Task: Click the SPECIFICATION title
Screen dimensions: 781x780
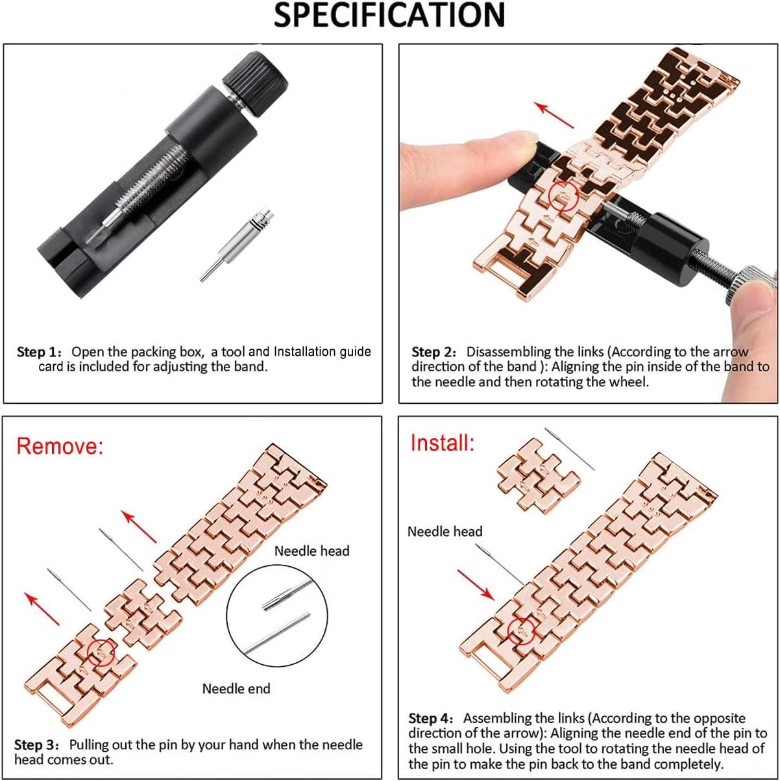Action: [x=389, y=16]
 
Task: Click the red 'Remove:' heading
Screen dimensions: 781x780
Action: [x=60, y=446]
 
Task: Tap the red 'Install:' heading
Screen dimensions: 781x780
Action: [x=442, y=443]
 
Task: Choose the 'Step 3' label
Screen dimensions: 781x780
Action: [x=37, y=745]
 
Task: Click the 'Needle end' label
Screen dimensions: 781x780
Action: [x=236, y=689]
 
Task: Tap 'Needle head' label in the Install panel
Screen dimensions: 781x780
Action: [x=445, y=532]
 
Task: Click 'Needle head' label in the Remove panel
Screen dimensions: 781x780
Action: [x=311, y=551]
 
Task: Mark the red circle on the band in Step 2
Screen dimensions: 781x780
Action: [x=563, y=195]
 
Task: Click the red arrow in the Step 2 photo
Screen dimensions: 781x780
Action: [x=554, y=115]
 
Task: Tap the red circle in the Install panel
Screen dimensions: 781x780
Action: [x=520, y=630]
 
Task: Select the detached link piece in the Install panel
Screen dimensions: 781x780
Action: [x=539, y=476]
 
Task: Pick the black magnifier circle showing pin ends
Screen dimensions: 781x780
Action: [x=277, y=615]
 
